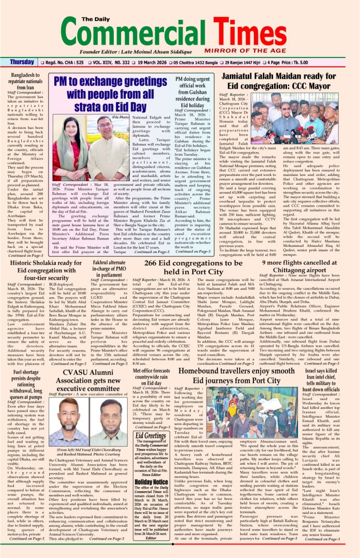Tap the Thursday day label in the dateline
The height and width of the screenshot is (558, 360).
pyautogui.click(x=22, y=62)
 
